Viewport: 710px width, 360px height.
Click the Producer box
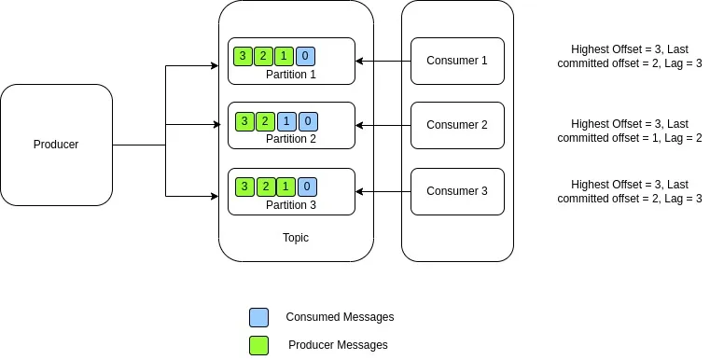pos(56,145)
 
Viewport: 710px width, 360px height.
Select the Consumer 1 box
pos(457,62)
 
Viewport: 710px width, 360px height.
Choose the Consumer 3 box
pos(457,191)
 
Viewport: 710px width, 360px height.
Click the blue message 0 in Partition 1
pos(307,56)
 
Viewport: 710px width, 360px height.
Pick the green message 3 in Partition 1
pos(243,56)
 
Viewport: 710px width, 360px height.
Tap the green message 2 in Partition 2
pos(266,121)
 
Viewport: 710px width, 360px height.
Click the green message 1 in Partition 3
pos(285,186)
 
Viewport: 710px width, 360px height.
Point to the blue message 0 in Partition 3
pos(307,186)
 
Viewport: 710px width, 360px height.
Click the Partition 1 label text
pos(291,74)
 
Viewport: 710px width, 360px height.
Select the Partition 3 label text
pos(291,204)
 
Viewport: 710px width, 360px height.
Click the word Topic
pos(295,238)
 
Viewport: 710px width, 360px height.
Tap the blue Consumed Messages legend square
pos(258,317)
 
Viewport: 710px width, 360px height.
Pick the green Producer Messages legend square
pos(258,345)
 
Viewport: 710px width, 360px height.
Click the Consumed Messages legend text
pos(340,317)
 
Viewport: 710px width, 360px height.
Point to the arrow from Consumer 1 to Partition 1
pos(383,62)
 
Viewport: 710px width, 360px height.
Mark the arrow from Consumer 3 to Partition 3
pos(383,191)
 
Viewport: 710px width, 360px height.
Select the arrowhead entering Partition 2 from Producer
pos(223,123)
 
